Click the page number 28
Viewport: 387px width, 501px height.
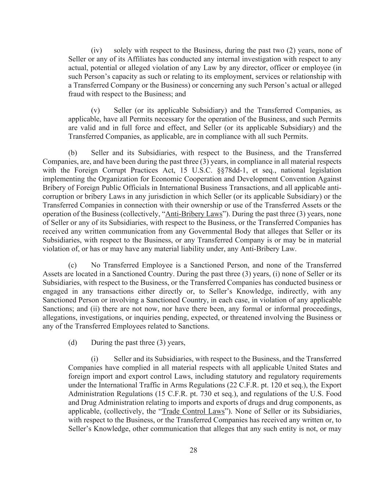[193, 450]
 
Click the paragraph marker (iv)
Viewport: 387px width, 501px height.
[96, 50]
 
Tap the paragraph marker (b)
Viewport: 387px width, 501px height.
[73, 153]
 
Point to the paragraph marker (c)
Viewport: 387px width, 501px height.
[73, 265]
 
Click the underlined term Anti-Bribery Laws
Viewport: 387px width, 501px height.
[194, 214]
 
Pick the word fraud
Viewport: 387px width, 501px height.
[76, 94]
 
